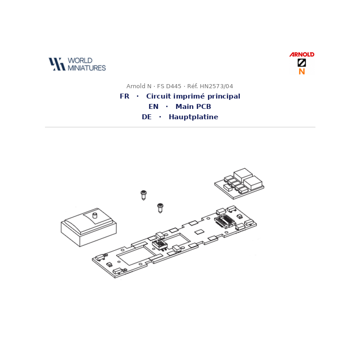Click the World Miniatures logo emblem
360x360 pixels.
pos(57,64)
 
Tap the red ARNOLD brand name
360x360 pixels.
pos(301,54)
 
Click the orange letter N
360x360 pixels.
pos(301,72)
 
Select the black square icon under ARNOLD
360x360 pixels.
pos(301,63)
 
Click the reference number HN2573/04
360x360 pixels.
pos(216,86)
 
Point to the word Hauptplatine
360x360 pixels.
pos(193,117)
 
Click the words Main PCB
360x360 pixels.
pos(193,107)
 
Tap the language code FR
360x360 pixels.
pos(125,96)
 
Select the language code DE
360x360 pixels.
pos(147,117)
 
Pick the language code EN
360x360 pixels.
pos(153,107)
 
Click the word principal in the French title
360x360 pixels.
pos(224,96)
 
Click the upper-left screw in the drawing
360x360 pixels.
pos(144,195)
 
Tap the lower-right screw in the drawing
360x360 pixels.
pos(160,208)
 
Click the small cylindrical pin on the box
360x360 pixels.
pos(94,216)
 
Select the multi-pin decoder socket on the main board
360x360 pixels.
pos(225,221)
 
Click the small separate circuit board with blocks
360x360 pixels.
pos(239,184)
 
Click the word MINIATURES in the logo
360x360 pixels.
pos(86,68)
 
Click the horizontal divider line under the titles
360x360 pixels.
pos(180,127)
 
